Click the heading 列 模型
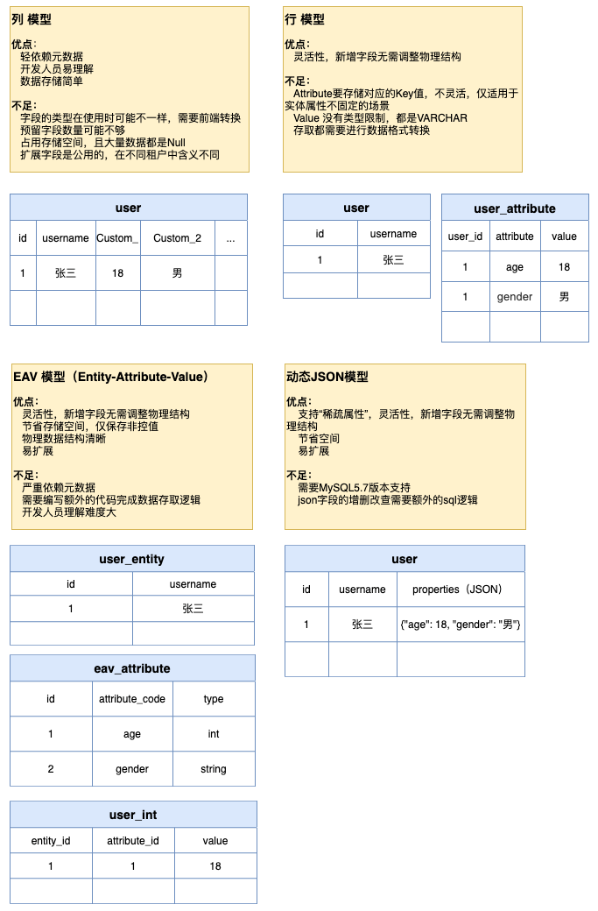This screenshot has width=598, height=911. pos(32,18)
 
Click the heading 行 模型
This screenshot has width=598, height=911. pos(305,18)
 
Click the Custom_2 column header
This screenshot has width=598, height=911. pos(177,238)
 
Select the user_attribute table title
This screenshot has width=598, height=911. pos(515,208)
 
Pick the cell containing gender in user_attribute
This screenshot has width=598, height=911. pos(515,297)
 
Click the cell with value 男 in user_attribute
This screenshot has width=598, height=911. pos(564,297)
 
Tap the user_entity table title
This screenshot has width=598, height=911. pos(132,559)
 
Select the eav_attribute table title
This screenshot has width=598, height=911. pos(132,668)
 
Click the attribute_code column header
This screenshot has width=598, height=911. pos(132,699)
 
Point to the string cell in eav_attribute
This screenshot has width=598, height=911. pos(213,769)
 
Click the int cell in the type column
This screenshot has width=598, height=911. pos(213,734)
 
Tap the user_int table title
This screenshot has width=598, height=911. pos(133,815)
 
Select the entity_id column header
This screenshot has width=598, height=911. pos(51,841)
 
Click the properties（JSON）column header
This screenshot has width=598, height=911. pos(461,590)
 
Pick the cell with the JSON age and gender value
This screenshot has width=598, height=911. pos(461,625)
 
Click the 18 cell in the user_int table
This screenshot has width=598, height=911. pos(215,866)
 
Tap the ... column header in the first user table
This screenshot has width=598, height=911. pos(230,238)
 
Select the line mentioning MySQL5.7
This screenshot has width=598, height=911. pos(354,487)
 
